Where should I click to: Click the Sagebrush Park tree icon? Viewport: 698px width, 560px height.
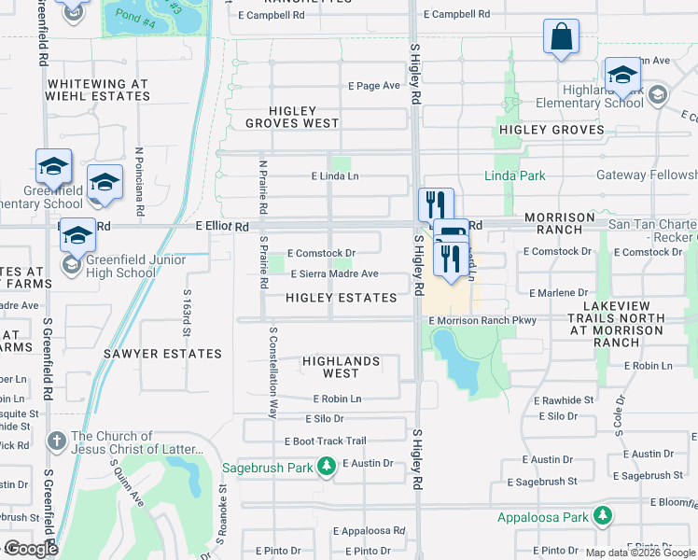point(326,465)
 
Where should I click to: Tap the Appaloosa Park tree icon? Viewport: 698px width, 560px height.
point(604,515)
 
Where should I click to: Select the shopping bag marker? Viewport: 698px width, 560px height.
point(561,37)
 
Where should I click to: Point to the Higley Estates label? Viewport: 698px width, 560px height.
point(341,298)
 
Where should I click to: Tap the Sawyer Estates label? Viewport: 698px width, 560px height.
point(163,354)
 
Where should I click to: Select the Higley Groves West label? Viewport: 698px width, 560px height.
point(293,117)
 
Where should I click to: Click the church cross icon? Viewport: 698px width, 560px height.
point(57,440)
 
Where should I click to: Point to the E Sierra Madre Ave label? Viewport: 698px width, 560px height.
point(334,274)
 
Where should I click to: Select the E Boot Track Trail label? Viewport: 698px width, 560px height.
point(325,441)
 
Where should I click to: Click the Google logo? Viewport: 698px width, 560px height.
point(31,549)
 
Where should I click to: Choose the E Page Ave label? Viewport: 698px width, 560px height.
point(373,86)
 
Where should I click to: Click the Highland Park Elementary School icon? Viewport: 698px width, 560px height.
point(658,94)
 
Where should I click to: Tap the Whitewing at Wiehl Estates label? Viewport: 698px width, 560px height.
point(98,90)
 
